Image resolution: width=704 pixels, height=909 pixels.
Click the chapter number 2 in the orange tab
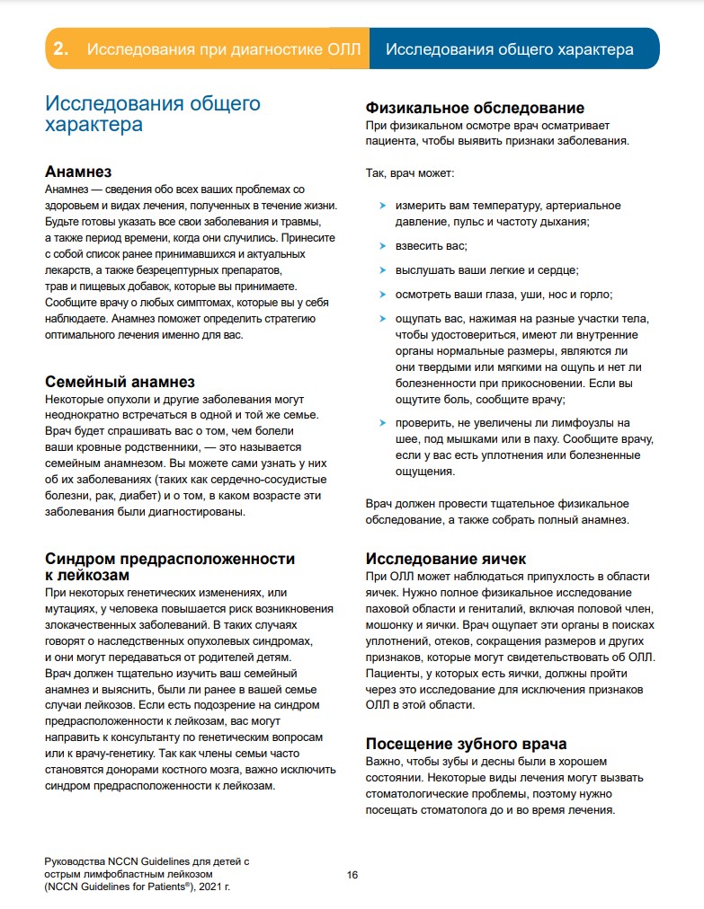(x=61, y=49)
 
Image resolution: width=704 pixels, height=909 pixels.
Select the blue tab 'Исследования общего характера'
(x=509, y=49)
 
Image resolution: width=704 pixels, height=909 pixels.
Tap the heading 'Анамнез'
(x=78, y=172)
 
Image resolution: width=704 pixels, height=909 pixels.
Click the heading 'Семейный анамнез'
(x=120, y=382)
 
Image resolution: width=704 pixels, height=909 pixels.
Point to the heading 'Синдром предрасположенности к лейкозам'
(x=170, y=566)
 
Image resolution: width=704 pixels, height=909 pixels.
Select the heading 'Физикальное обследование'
(x=475, y=109)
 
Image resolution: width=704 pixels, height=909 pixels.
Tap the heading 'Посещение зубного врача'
(x=466, y=744)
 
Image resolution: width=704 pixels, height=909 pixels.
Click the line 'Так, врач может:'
(x=409, y=172)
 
